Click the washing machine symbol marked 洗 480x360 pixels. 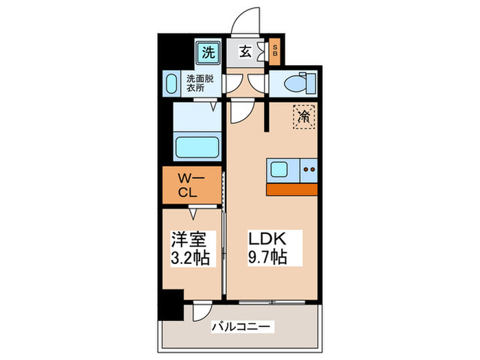coord(208,51)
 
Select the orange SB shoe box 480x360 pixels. coord(275,51)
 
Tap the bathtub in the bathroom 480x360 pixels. coord(197,147)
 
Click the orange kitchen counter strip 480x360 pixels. coord(292,189)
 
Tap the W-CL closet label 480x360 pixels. coord(191,185)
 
